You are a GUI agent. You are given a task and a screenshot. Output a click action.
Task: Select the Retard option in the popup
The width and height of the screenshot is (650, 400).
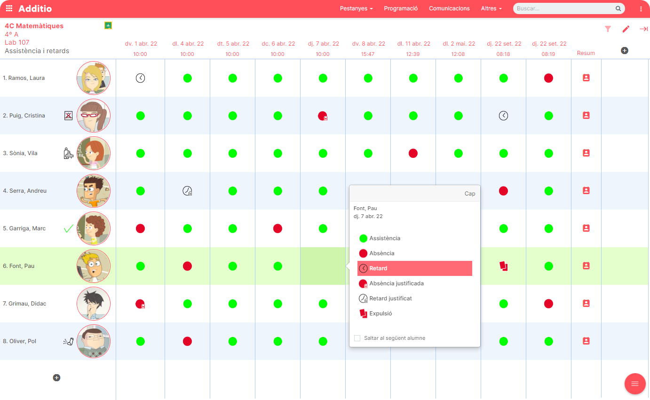tap(414, 268)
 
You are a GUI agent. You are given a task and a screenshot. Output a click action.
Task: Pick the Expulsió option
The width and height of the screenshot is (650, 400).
tap(380, 314)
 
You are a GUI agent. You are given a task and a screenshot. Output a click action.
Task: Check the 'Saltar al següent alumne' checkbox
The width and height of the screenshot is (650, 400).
tap(357, 338)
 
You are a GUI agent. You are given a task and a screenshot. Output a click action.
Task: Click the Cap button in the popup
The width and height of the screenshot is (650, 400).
tap(469, 194)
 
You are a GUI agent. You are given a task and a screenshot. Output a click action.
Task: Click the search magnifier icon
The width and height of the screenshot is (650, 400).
tap(618, 8)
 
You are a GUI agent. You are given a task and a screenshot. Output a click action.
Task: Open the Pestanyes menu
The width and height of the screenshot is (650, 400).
tap(356, 8)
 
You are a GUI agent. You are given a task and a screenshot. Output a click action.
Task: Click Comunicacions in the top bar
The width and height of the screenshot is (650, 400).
tap(449, 8)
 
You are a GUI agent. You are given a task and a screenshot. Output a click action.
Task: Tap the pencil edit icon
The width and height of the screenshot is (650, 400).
tap(626, 29)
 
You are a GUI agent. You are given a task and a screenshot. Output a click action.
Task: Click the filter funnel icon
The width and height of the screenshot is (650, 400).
tap(608, 29)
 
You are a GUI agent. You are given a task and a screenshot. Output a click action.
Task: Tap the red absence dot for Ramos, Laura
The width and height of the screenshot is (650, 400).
tap(548, 78)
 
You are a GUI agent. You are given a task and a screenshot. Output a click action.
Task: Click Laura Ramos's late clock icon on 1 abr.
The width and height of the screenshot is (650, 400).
tap(140, 78)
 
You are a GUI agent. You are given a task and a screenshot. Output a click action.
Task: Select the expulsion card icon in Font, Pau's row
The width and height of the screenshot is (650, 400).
tap(503, 266)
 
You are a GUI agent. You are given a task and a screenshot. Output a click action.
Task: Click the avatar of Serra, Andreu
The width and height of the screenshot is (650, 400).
tap(94, 191)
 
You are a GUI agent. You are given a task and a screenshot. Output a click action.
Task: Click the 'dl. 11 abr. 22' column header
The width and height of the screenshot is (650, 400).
tap(413, 44)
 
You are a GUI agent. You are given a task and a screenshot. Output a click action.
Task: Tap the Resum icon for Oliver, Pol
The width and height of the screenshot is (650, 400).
tap(586, 341)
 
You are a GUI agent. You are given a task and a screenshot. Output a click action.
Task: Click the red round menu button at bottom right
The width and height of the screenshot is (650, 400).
tap(634, 384)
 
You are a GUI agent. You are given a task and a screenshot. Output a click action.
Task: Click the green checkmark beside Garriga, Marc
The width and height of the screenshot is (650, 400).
tap(69, 228)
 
